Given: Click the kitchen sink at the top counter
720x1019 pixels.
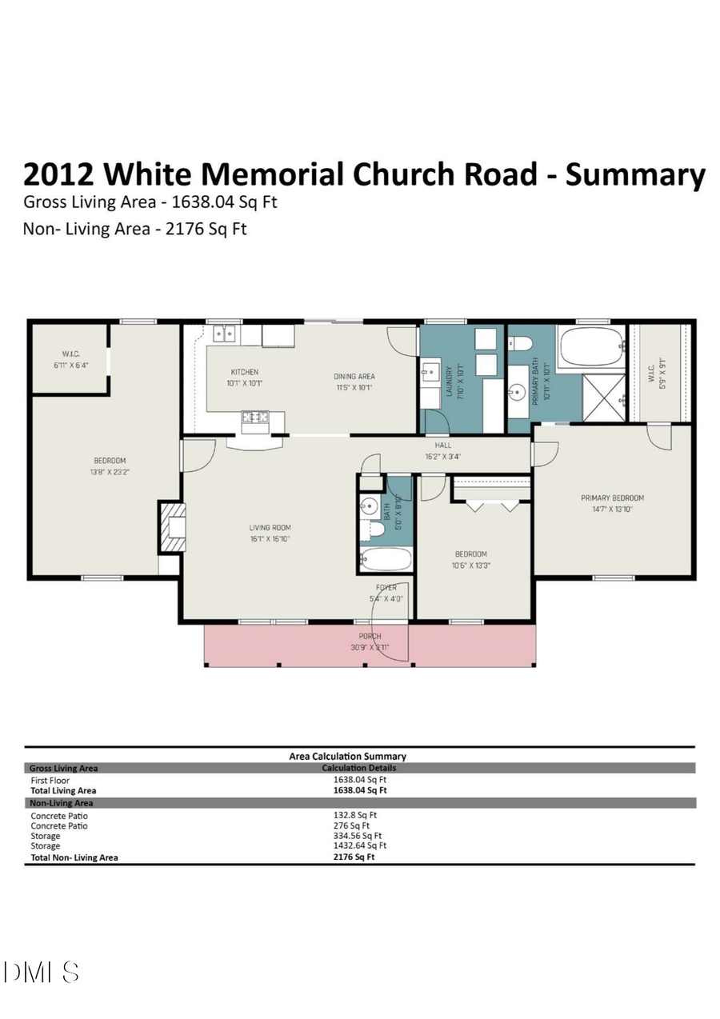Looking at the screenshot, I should (223, 333).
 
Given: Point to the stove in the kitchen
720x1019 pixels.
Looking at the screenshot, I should (255, 417).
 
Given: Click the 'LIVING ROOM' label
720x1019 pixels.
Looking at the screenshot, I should (270, 527).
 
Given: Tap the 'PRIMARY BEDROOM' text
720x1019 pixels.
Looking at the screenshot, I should (612, 498).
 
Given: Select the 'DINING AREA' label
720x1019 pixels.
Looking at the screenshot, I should (354, 376).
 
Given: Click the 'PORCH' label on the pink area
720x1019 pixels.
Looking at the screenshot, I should (370, 636).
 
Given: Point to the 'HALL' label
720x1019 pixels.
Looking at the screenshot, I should (442, 446).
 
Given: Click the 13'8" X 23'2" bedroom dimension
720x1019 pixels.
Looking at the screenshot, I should (110, 471).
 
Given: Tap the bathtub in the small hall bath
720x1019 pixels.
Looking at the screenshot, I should (386, 559).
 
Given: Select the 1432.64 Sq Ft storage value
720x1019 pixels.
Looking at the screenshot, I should (360, 845).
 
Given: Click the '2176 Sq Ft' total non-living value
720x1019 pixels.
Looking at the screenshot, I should (354, 857).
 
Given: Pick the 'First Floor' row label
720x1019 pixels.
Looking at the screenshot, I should (50, 781).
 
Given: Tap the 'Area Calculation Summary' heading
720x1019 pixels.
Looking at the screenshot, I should (347, 756).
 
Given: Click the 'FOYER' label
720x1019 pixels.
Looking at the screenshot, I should (385, 588).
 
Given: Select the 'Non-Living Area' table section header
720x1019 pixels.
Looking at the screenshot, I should (62, 802).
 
